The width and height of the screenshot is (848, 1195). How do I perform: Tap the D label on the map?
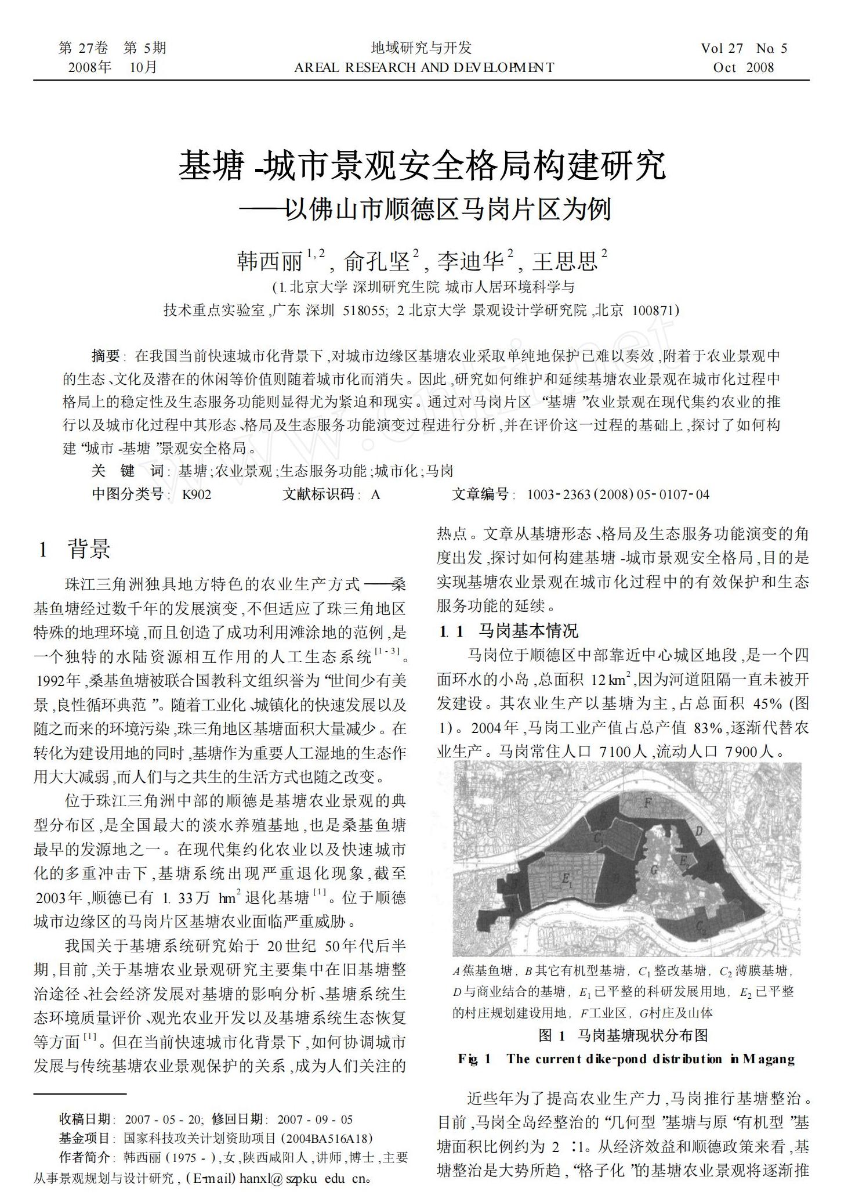698,832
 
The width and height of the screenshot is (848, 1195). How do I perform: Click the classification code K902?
197,494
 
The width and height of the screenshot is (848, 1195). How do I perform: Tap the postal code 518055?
363,311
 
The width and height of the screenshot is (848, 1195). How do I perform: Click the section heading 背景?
89,548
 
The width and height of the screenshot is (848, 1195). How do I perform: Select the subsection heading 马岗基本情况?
528,631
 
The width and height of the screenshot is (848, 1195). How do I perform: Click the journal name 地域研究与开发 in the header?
422,48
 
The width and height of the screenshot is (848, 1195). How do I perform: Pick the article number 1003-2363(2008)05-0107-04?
618,494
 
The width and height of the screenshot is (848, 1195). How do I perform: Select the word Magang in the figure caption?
768,1059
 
